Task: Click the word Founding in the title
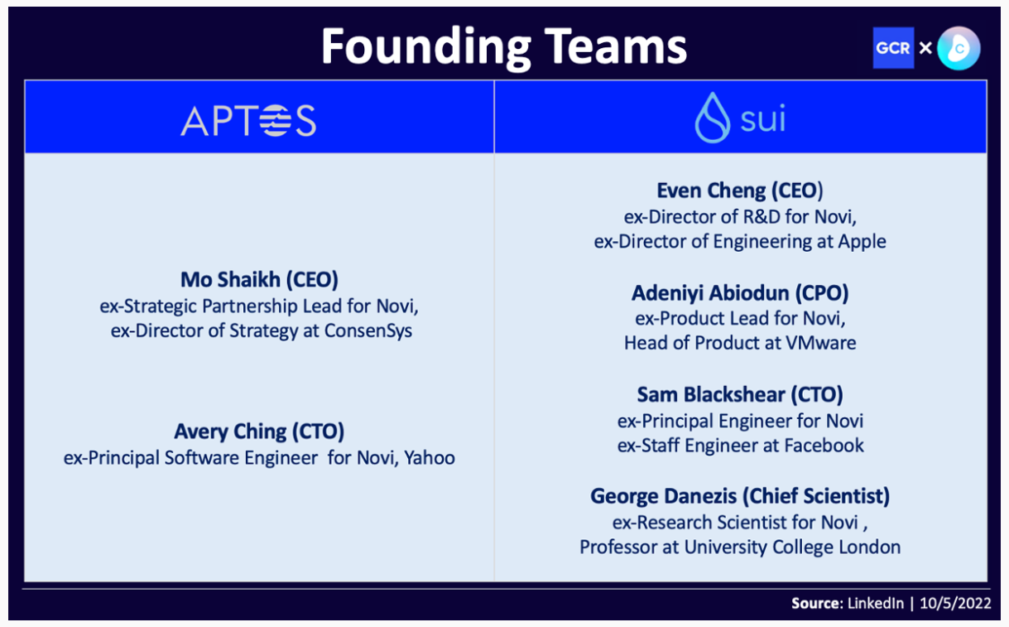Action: tap(426, 48)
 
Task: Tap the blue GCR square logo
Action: tap(893, 48)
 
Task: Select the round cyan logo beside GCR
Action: tap(959, 48)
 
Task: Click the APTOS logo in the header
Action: tap(248, 120)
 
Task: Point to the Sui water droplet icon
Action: tap(712, 118)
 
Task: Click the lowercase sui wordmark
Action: tap(763, 118)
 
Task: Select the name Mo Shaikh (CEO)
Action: tap(259, 279)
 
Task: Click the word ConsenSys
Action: tap(368, 330)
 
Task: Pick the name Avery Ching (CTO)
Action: tap(259, 432)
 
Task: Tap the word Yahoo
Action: tap(430, 457)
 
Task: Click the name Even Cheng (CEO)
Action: tap(740, 191)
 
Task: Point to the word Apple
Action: tap(862, 242)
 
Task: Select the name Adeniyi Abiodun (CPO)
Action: tap(740, 293)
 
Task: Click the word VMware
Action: tap(821, 343)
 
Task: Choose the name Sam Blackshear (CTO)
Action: tap(740, 394)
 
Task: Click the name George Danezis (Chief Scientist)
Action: tap(740, 496)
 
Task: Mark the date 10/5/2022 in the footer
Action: tap(955, 603)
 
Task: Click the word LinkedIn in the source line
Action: tap(875, 603)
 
